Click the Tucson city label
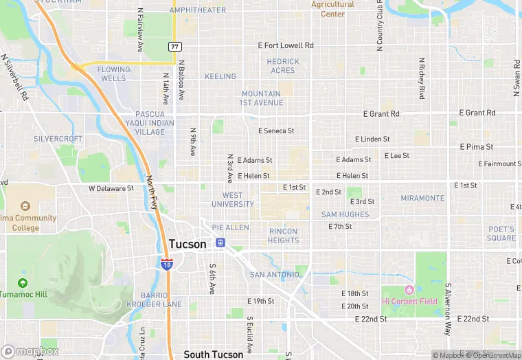pyautogui.click(x=187, y=244)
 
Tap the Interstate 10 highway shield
pyautogui.click(x=167, y=262)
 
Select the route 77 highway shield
pyautogui.click(x=174, y=46)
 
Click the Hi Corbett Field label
pyautogui.click(x=410, y=301)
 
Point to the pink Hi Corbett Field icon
pyautogui.click(x=410, y=289)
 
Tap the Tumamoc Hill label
pyautogui.click(x=23, y=294)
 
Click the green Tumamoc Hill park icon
pyautogui.click(x=23, y=282)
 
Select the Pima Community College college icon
pyautogui.click(x=25, y=206)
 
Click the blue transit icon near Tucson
pyautogui.click(x=220, y=242)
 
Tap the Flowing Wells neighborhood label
pyautogui.click(x=112, y=74)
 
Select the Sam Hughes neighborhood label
pyautogui.click(x=345, y=214)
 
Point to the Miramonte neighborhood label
pyautogui.click(x=422, y=198)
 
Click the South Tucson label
pyautogui.click(x=213, y=355)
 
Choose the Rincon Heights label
pyautogui.click(x=284, y=236)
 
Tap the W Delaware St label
pyautogui.click(x=111, y=188)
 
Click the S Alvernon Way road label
pyautogui.click(x=447, y=308)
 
